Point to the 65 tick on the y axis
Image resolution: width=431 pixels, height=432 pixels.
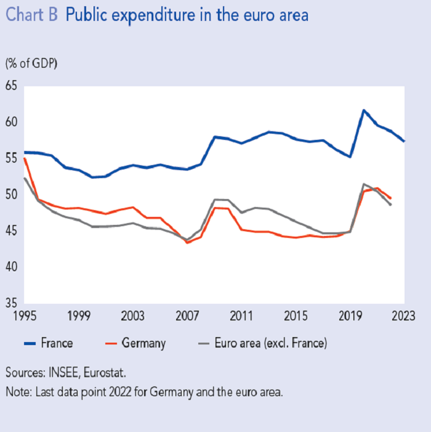12,86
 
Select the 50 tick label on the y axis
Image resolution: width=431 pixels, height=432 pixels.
12,195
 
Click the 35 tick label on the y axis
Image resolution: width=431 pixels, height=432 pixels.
12,303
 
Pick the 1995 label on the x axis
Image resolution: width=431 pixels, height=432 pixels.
23,316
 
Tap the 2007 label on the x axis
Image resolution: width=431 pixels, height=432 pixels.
187,316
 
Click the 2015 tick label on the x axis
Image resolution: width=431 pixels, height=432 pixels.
296,316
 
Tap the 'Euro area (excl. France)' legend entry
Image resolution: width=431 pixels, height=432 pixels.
265,343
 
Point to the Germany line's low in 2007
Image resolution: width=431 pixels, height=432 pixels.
187,242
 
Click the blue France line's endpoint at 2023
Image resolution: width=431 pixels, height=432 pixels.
404,141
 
